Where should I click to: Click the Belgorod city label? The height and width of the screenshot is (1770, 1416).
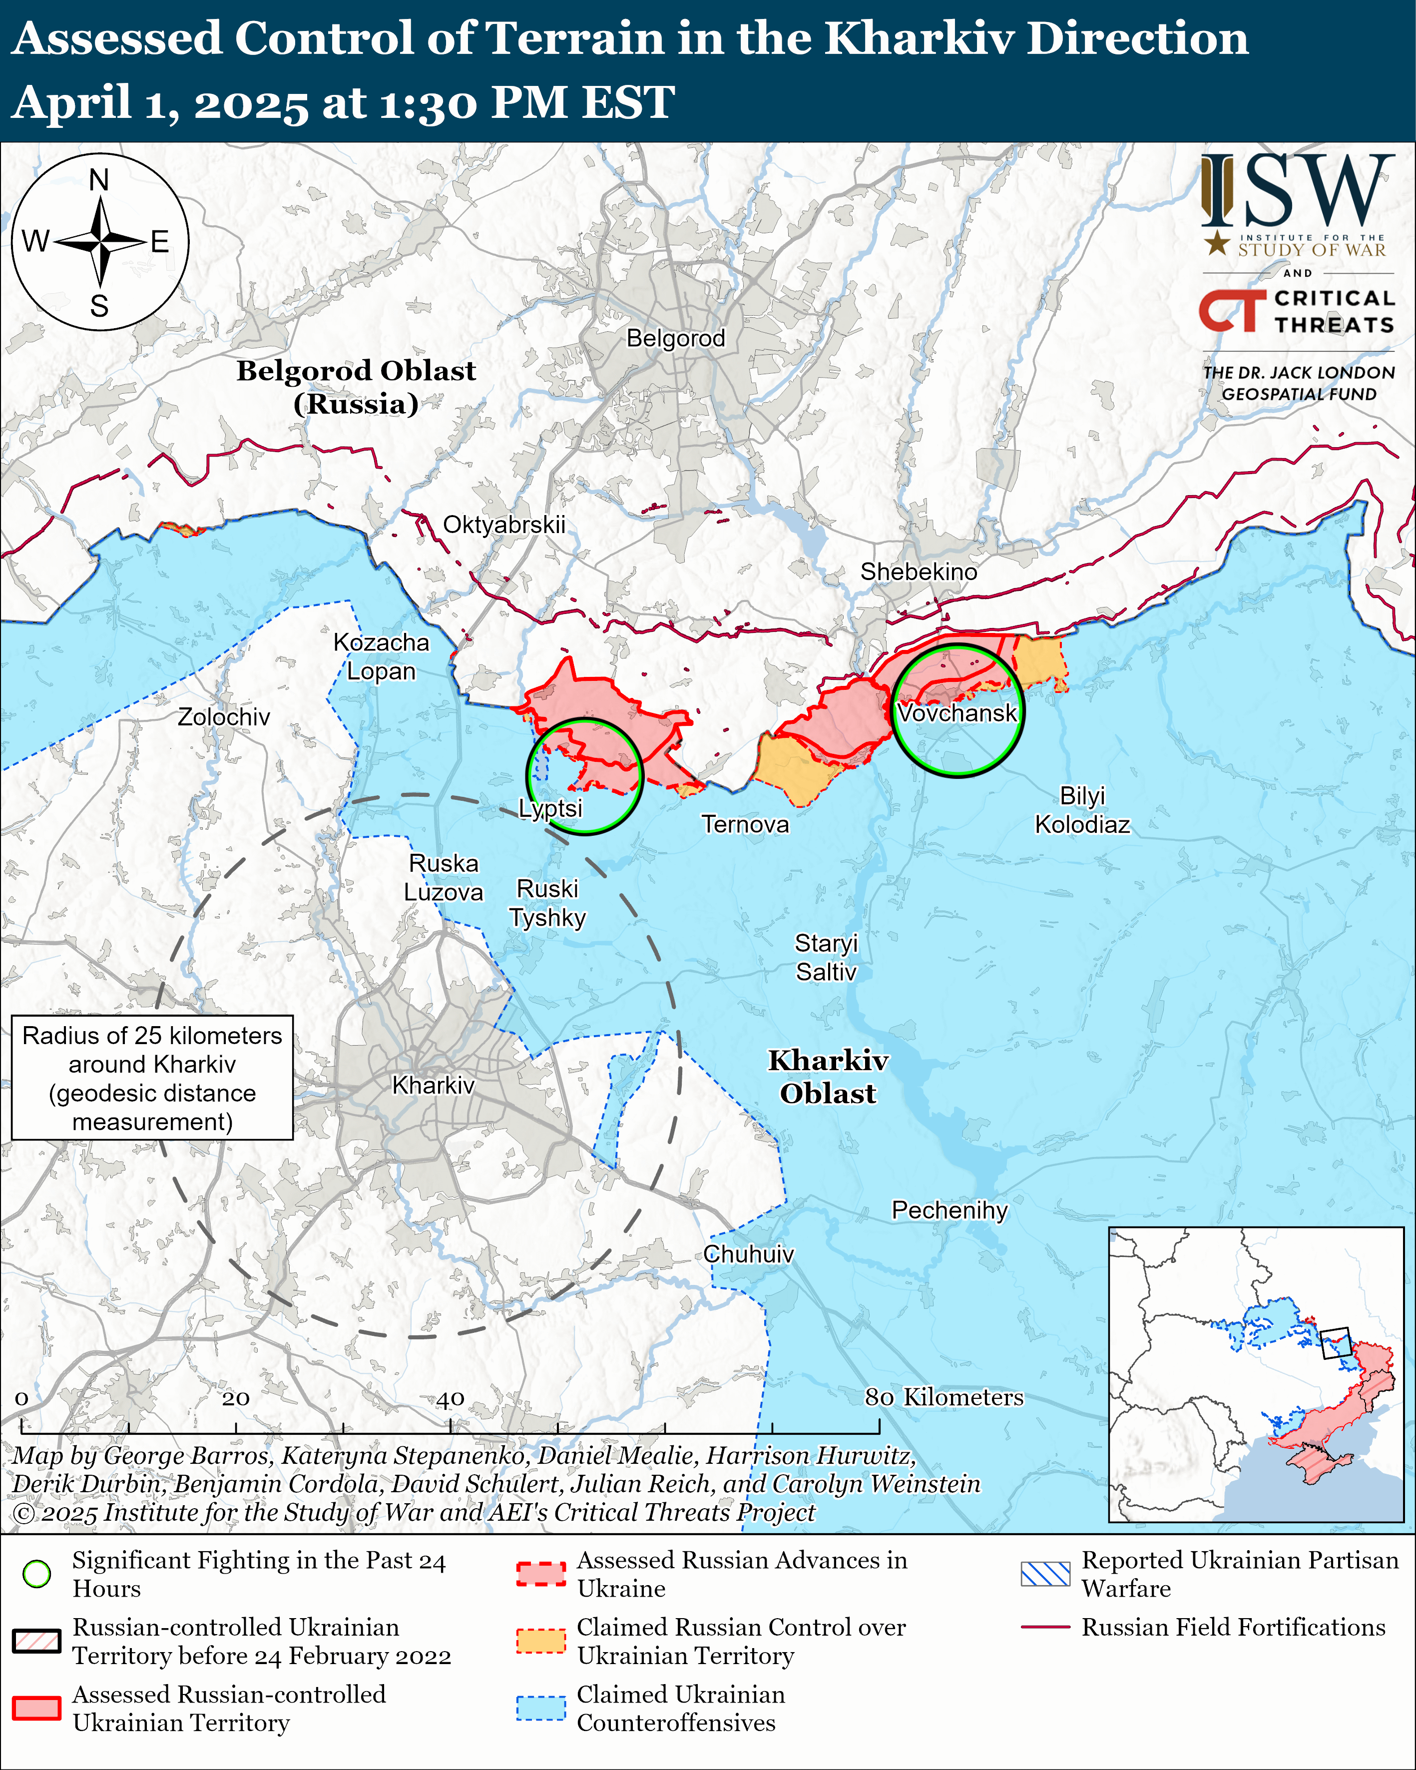[x=676, y=338]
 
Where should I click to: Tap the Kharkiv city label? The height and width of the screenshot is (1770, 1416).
[x=434, y=1085]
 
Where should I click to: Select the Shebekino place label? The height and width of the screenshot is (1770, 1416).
[x=919, y=572]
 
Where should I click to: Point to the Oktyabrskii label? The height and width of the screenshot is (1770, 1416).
[x=504, y=525]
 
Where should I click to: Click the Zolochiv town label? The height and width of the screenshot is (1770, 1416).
[x=223, y=717]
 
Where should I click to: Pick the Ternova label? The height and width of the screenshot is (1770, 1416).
[x=745, y=824]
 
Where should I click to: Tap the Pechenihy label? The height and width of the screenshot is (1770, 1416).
[x=950, y=1210]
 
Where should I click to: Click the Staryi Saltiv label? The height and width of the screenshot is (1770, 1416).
[x=826, y=957]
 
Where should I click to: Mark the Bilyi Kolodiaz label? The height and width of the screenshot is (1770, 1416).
[x=1082, y=810]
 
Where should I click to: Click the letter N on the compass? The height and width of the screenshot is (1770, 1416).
[x=99, y=180]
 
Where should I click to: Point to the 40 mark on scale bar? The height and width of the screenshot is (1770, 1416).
[x=450, y=1399]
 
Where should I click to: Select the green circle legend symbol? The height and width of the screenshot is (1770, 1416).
[x=37, y=1574]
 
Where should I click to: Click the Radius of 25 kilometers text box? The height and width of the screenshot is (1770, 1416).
[x=153, y=1078]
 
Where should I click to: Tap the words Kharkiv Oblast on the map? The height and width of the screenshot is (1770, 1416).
[x=828, y=1077]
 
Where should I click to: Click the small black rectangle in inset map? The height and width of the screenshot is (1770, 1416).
[x=1336, y=1343]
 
